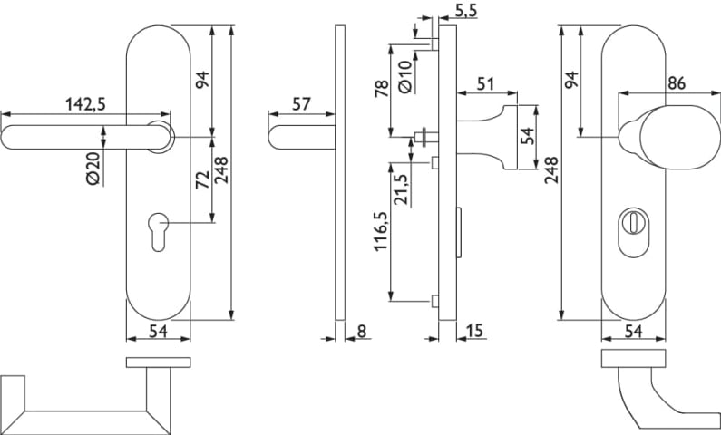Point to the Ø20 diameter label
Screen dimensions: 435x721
pyautogui.click(x=92, y=169)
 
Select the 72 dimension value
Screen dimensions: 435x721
pyautogui.click(x=201, y=178)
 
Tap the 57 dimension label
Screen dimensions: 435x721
pyautogui.click(x=301, y=103)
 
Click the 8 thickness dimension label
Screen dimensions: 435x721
pyautogui.click(x=362, y=332)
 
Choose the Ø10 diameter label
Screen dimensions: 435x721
pyautogui.click(x=405, y=75)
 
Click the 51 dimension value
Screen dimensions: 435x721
pyautogui.click(x=485, y=84)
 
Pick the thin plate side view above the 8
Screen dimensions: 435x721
pyautogui.click(x=339, y=172)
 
